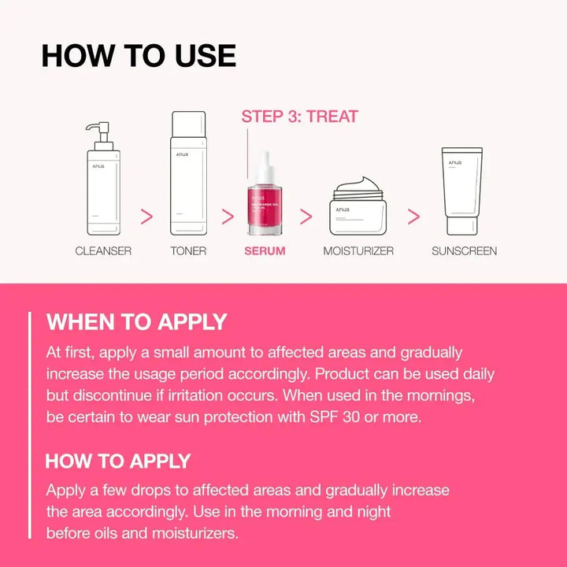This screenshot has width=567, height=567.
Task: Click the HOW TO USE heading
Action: point(139,56)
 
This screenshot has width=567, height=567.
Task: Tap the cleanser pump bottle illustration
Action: point(103,189)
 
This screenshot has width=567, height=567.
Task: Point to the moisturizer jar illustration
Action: point(357,208)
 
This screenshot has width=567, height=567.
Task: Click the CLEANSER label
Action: point(103,251)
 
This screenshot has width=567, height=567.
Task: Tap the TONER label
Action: point(188,251)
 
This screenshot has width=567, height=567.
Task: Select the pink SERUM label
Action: point(265,251)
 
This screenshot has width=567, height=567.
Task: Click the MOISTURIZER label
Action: point(358,251)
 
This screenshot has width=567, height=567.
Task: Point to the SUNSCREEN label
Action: point(464,251)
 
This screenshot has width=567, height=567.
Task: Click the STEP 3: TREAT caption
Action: point(299,117)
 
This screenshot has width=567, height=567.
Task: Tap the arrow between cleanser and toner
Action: point(146,217)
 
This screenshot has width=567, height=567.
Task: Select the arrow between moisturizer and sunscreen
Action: point(413,217)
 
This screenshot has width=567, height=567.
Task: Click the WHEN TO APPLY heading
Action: point(136,322)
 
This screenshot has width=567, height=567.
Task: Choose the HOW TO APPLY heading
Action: point(118,461)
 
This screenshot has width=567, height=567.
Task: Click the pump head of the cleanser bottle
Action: point(97,128)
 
